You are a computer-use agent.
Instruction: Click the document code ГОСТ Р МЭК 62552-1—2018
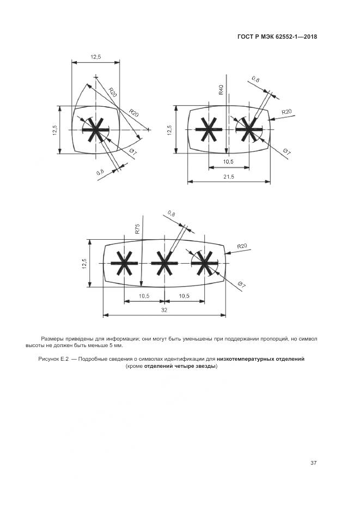[277, 37]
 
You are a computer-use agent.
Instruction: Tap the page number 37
[314, 463]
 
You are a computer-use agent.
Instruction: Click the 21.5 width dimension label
[229, 177]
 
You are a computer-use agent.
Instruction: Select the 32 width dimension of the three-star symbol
[164, 310]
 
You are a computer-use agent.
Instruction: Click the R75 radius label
[138, 228]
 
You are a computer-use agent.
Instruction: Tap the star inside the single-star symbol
[96, 130]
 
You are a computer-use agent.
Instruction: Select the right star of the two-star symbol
[249, 130]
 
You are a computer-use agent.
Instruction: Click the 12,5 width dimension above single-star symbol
[95, 57]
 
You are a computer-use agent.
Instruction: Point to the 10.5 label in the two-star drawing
[228, 162]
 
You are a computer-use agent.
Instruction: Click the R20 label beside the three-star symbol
[242, 246]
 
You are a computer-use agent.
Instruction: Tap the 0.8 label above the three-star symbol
[172, 214]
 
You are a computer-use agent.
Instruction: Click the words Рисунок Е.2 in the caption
[54, 359]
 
